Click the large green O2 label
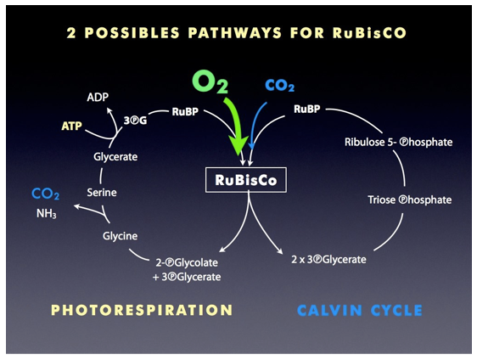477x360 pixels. pyautogui.click(x=210, y=82)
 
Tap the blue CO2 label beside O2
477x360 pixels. pyautogui.click(x=279, y=86)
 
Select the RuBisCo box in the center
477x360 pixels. pyautogui.click(x=246, y=180)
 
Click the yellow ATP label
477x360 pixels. pyautogui.click(x=72, y=126)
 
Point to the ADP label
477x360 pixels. pyautogui.click(x=98, y=97)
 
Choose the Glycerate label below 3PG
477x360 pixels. pyautogui.click(x=115, y=157)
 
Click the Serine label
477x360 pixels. pyautogui.click(x=102, y=193)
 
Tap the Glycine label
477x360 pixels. pyautogui.click(x=121, y=236)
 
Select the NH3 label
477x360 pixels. pyautogui.click(x=46, y=214)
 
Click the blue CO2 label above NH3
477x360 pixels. pyautogui.click(x=45, y=194)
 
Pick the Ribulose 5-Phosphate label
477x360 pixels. pyautogui.click(x=399, y=142)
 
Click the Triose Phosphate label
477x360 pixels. pyautogui.click(x=410, y=200)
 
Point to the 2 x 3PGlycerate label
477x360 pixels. pyautogui.click(x=328, y=260)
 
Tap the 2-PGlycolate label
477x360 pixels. pyautogui.click(x=187, y=262)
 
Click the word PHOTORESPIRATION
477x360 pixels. pyautogui.click(x=142, y=310)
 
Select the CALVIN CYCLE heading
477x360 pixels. pyautogui.click(x=360, y=311)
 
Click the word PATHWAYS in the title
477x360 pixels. pyautogui.click(x=235, y=33)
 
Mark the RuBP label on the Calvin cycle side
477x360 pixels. pyautogui.click(x=307, y=109)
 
